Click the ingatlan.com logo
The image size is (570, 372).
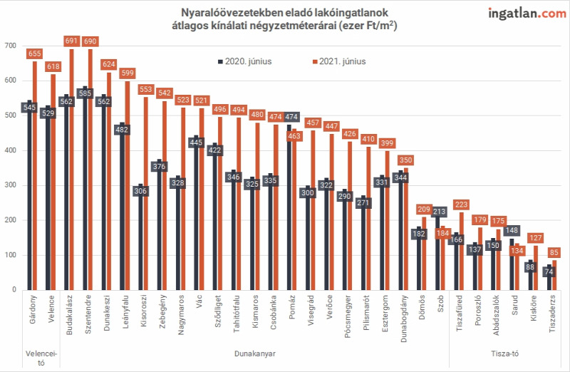click(527, 14)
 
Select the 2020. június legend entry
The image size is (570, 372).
click(244, 61)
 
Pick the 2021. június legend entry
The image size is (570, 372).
click(339, 61)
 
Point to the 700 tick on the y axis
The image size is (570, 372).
click(11, 46)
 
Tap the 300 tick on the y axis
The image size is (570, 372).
click(11, 185)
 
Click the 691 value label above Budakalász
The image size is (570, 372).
click(72, 41)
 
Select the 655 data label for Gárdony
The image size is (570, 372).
click(34, 54)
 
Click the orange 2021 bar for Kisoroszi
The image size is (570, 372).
click(146, 193)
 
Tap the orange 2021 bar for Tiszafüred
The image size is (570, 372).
click(461, 251)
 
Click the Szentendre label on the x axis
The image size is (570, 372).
click(88, 314)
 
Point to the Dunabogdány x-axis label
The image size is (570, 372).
click(403, 319)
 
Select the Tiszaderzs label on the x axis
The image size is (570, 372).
click(552, 314)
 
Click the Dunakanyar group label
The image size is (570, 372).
click(255, 353)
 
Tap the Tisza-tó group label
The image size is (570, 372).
click(505, 353)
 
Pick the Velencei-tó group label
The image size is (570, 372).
click(41, 358)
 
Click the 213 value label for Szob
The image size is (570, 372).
click(439, 212)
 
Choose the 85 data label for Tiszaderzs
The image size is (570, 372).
click(554, 252)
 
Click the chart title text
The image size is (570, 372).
click(284, 19)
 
